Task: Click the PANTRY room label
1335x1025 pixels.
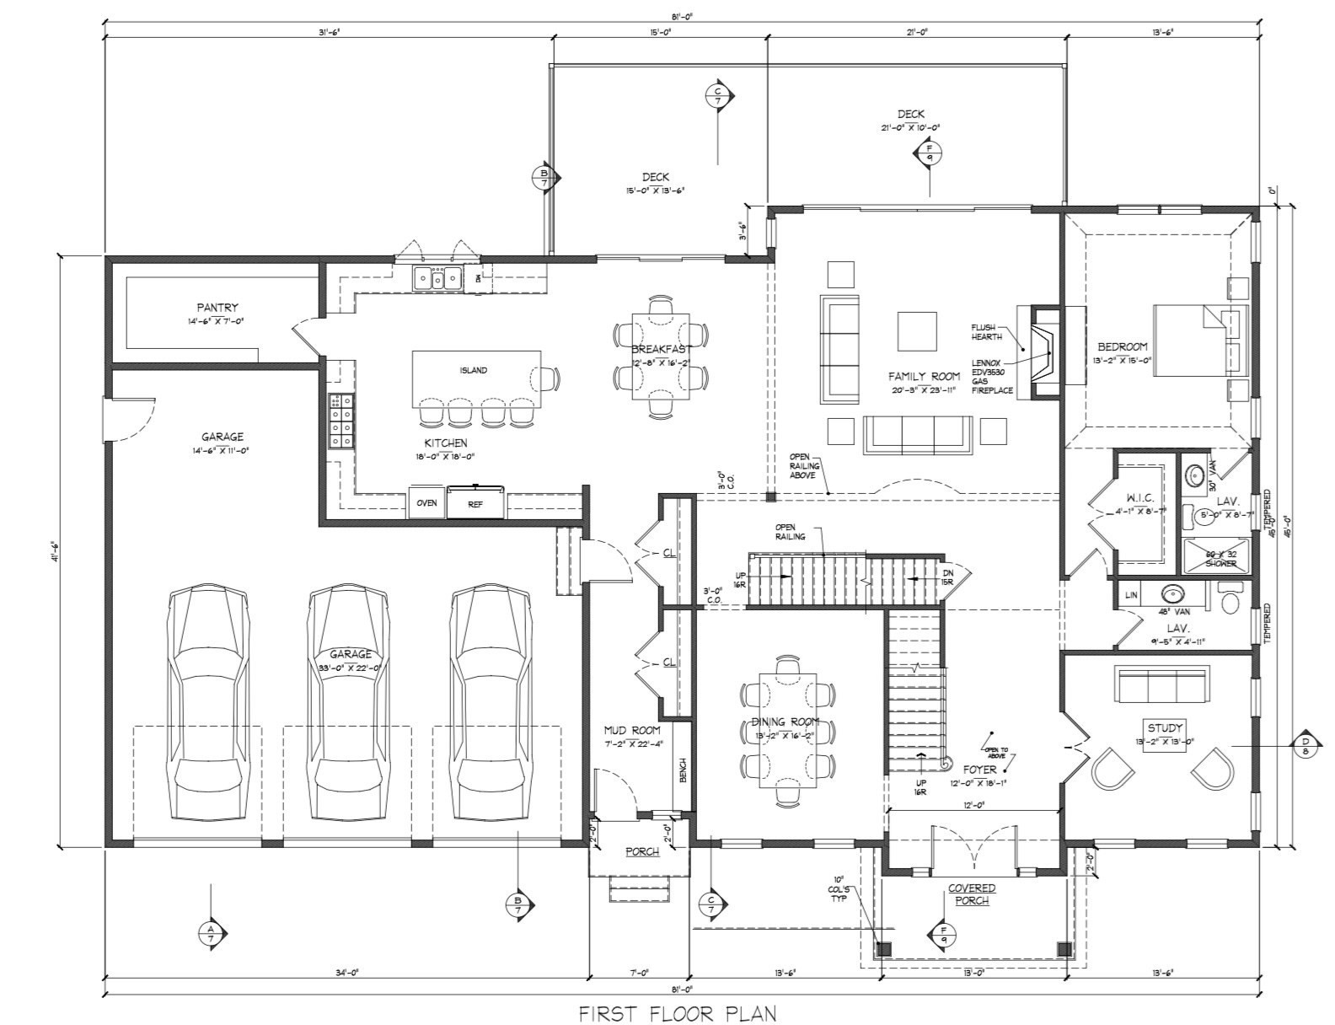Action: tap(217, 308)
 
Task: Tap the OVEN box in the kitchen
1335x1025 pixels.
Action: tap(426, 503)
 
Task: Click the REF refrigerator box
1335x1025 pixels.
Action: tap(474, 503)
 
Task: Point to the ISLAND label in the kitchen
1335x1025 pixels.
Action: tap(473, 370)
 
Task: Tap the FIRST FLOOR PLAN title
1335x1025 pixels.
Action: tap(677, 1012)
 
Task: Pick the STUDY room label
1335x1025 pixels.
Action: tap(1165, 727)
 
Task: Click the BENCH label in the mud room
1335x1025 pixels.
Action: tap(683, 770)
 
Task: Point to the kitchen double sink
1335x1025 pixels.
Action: tap(437, 277)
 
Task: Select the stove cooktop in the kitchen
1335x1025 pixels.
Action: tap(340, 421)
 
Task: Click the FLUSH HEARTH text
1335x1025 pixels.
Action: tap(986, 332)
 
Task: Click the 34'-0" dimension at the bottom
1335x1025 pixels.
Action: tap(346, 973)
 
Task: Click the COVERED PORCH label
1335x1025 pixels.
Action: tap(972, 894)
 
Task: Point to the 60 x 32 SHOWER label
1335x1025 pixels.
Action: tap(1220, 558)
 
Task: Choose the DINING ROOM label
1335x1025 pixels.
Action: tap(785, 722)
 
